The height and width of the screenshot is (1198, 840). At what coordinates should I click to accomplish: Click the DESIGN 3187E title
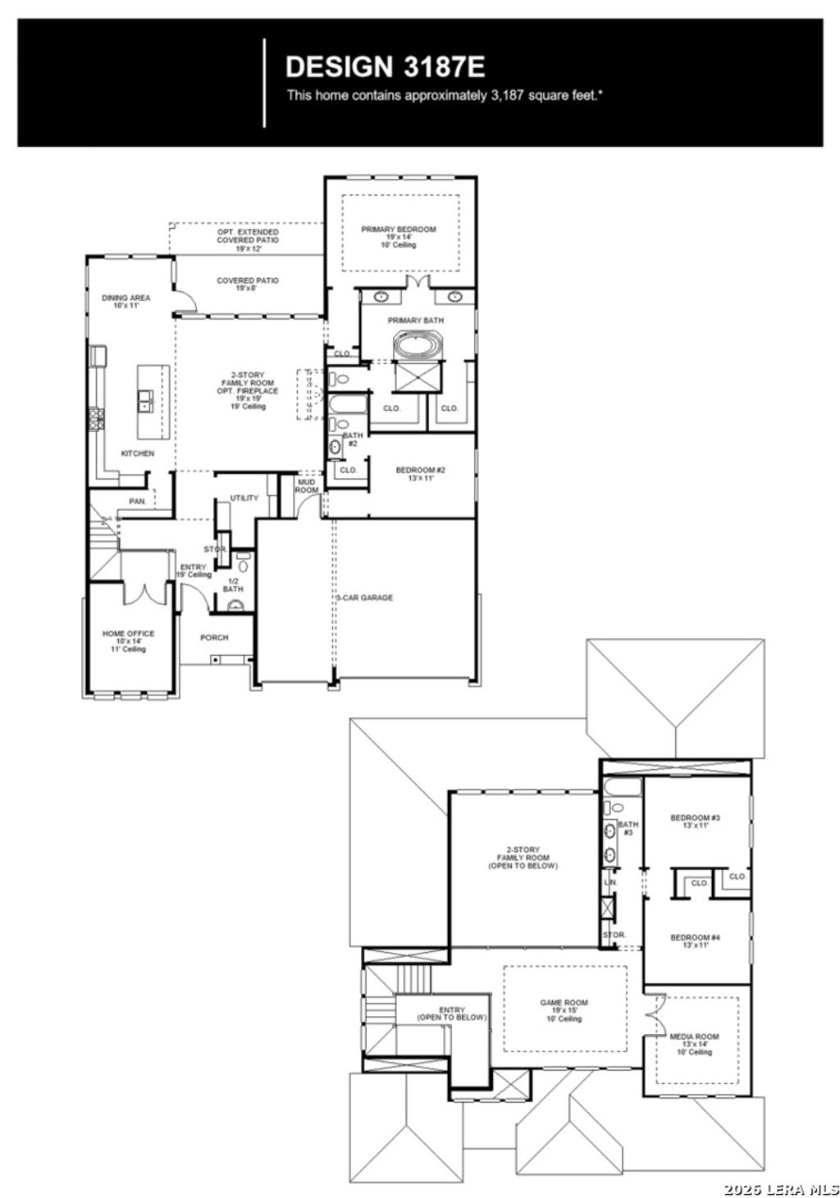tap(385, 66)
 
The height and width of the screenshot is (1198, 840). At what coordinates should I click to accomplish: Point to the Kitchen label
tap(137, 453)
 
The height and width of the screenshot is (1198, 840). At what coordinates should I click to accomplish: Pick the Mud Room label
tap(307, 485)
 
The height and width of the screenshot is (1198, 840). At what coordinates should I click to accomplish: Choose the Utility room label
tap(244, 498)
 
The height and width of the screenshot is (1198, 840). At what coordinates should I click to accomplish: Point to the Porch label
tap(214, 637)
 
